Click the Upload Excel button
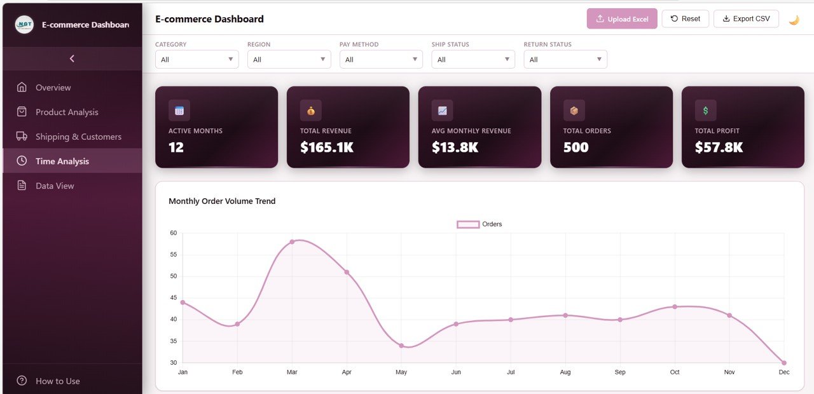[621, 19]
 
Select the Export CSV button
[745, 19]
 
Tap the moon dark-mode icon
[794, 20]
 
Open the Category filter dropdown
[197, 60]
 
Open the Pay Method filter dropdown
[380, 60]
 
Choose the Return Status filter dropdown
[565, 60]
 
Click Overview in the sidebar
[53, 88]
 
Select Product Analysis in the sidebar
[67, 112]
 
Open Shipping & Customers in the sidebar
[78, 137]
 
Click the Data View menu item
[55, 186]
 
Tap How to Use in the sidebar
[57, 381]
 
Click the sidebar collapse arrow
[72, 58]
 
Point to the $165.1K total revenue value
[327, 147]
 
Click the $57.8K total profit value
[719, 147]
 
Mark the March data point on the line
[292, 242]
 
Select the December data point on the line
[783, 363]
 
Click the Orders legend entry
[479, 224]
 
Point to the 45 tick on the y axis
[173, 298]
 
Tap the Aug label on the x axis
[565, 372]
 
